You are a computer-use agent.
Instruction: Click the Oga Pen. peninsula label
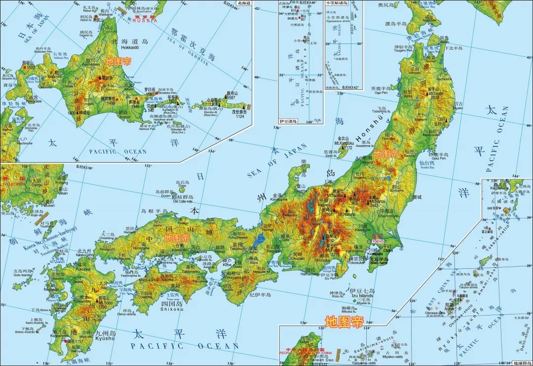point(381,92)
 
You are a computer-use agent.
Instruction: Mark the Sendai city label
point(410,156)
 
